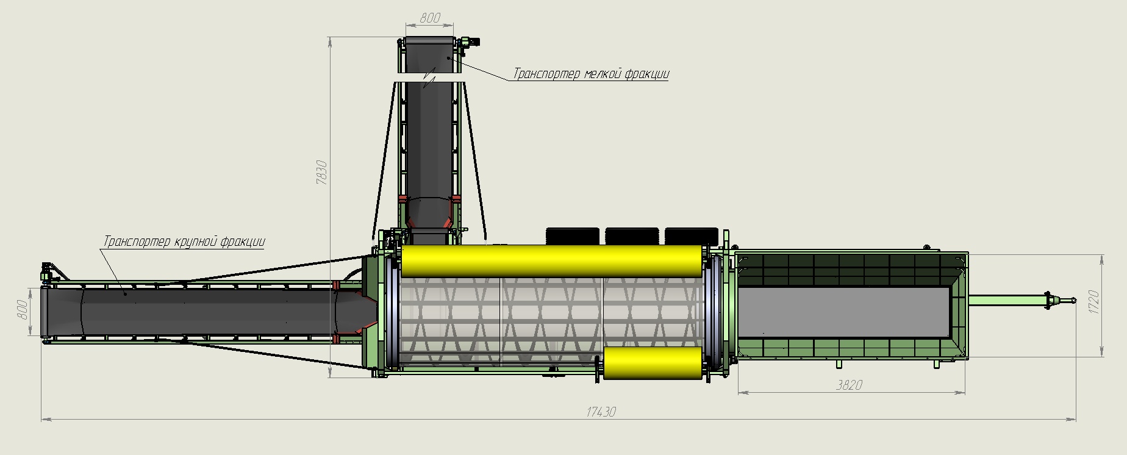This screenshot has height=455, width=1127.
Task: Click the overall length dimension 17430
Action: point(601,412)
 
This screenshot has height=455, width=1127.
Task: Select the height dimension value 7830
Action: point(323,173)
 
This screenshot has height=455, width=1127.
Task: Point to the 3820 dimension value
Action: point(849,385)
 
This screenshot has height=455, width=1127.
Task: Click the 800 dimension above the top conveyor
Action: point(430,18)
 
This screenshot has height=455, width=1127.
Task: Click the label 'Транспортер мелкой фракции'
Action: point(591,74)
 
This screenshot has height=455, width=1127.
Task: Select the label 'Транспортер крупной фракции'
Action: point(184,242)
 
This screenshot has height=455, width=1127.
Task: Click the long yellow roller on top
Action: point(551,260)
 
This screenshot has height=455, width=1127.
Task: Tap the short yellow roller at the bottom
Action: point(653,363)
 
